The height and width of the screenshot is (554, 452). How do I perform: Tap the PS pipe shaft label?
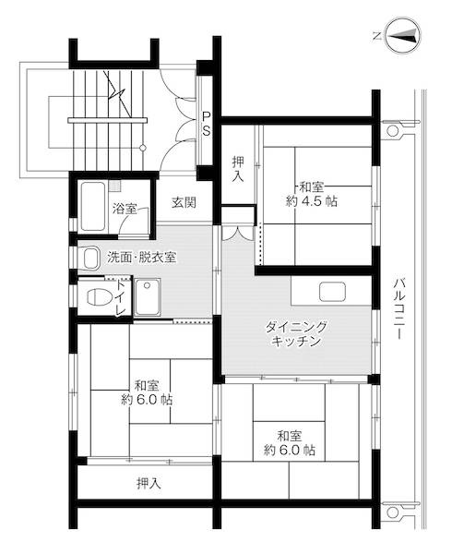pyautogui.click(x=208, y=123)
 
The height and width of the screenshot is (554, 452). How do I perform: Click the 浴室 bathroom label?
pyautogui.click(x=125, y=209)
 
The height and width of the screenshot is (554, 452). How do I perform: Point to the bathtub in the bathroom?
pyautogui.click(x=92, y=207)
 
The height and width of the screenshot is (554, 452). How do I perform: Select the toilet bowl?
pyautogui.click(x=95, y=297)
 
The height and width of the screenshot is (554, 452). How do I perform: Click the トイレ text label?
pyautogui.click(x=121, y=297)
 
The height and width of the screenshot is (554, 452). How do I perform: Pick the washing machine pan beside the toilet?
pyautogui.click(x=148, y=296)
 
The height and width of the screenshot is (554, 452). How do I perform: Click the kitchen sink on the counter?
pyautogui.click(x=331, y=292)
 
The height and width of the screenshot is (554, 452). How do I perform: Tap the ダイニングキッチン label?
pyautogui.click(x=296, y=333)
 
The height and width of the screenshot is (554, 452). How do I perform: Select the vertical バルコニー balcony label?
pyautogui.click(x=399, y=309)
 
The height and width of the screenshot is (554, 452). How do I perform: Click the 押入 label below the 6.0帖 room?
pyautogui.click(x=147, y=482)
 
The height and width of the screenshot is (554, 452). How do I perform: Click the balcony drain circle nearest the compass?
pyautogui.click(x=393, y=130)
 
